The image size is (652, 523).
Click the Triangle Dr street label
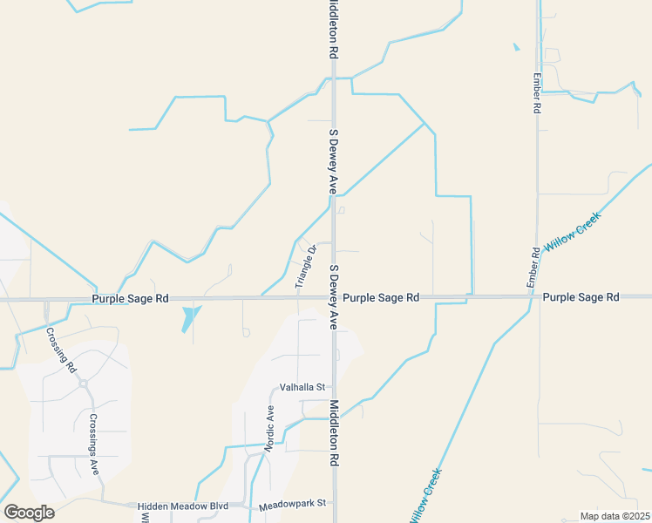[x=304, y=267]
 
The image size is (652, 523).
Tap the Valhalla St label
[x=302, y=387]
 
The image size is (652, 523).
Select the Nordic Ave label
[x=270, y=428]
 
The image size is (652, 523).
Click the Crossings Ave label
[x=94, y=444]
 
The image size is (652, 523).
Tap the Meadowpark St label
[x=291, y=504]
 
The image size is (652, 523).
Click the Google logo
[x=29, y=512]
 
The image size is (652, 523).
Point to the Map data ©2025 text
[x=615, y=516]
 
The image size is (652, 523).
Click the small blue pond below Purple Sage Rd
[x=189, y=318]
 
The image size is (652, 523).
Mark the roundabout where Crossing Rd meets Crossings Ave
[x=84, y=383]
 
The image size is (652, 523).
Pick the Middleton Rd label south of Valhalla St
[x=334, y=433]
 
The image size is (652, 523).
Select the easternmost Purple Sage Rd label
[x=581, y=297]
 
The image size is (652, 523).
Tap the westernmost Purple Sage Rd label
[x=130, y=298]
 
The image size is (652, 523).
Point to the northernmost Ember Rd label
[x=537, y=92]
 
